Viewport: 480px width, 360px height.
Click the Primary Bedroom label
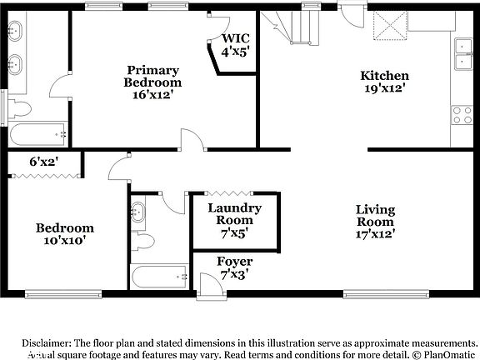[152, 77]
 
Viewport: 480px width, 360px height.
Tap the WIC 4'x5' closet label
[236, 44]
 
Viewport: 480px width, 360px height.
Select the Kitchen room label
[384, 76]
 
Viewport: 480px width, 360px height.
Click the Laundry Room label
[235, 213]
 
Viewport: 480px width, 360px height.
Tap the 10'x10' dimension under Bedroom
[64, 240]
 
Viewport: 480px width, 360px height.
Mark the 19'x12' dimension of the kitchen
[384, 88]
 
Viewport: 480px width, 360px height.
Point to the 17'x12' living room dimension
[375, 234]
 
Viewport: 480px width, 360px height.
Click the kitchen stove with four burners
[462, 115]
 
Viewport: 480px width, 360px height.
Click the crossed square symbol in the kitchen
[387, 27]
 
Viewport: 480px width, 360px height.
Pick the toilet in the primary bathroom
[19, 107]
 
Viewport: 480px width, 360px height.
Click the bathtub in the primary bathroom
[38, 133]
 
